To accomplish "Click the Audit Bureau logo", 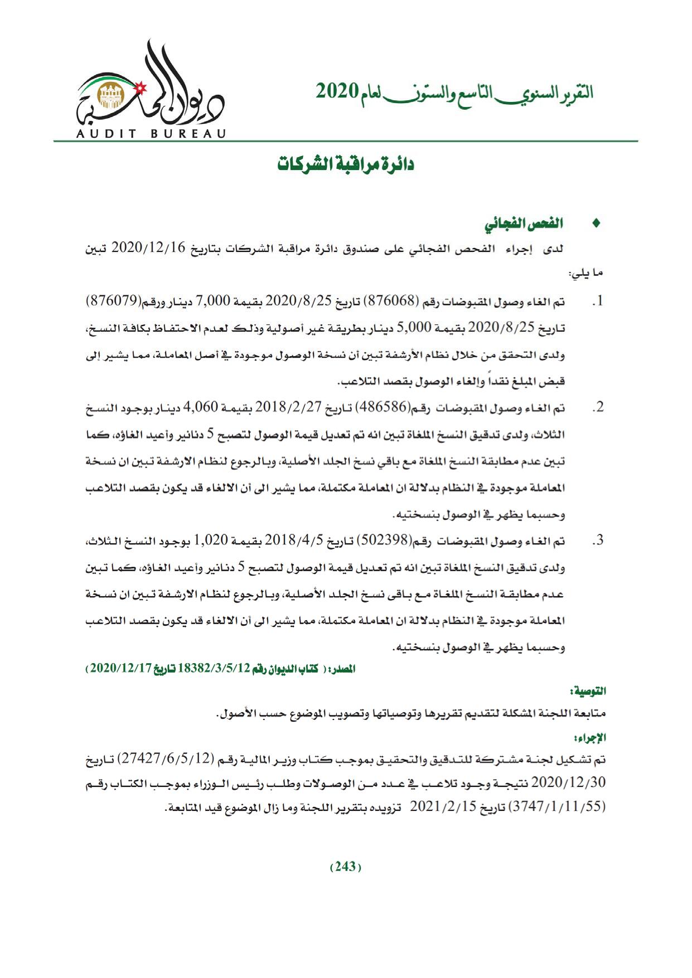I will click(150, 90).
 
